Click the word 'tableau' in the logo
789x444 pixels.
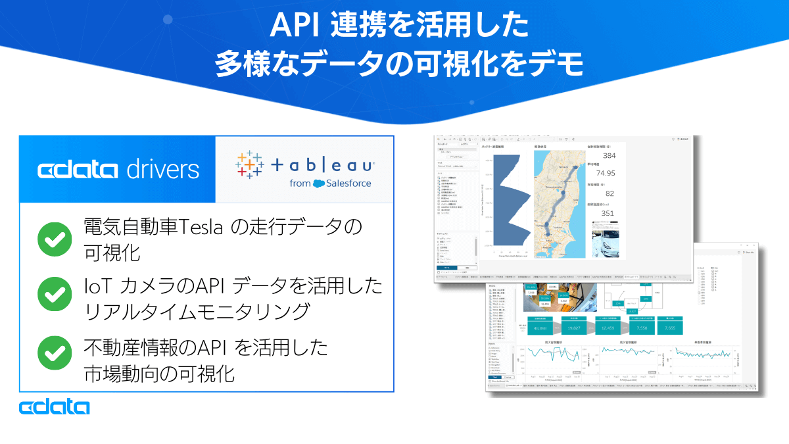322,166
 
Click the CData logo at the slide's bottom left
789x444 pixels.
54,407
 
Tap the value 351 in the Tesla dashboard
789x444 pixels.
608,212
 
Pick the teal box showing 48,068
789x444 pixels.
540,328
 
